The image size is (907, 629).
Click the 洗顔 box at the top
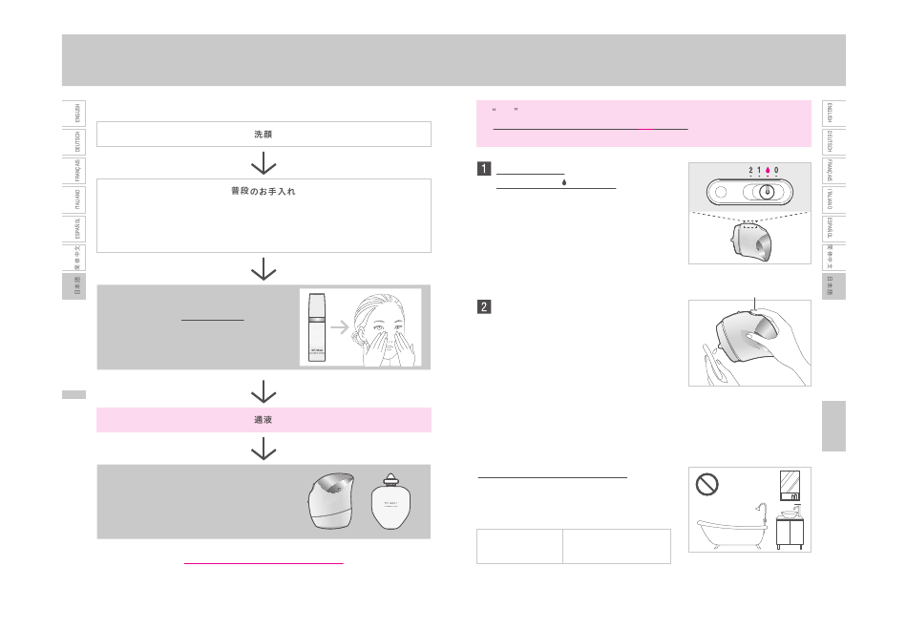[x=264, y=134]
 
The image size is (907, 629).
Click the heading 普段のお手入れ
[x=264, y=192]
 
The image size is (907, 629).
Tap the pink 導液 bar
[x=264, y=419]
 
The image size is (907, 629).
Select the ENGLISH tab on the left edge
[x=77, y=113]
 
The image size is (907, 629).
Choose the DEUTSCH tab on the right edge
[x=831, y=142]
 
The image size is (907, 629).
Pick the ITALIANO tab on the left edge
[x=77, y=200]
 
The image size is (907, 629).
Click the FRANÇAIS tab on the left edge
[x=77, y=171]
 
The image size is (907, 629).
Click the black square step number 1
[x=484, y=171]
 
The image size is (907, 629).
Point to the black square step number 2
[x=484, y=307]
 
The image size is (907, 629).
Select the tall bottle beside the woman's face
[x=316, y=327]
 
